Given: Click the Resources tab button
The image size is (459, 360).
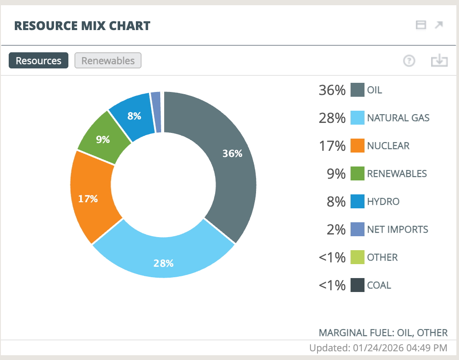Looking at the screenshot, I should [38, 61].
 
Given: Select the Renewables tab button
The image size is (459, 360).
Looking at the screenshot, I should [108, 61].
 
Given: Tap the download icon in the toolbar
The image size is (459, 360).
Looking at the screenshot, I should [439, 61].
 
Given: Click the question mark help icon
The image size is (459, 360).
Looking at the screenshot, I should [409, 61].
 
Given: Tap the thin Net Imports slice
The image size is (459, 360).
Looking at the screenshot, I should [156, 112].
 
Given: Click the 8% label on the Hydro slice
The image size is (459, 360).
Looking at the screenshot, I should [134, 116].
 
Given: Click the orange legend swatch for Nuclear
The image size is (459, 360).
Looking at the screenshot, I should [357, 146].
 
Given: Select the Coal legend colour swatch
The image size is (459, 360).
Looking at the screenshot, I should [357, 285].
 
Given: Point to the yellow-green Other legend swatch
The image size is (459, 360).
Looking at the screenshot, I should [357, 257].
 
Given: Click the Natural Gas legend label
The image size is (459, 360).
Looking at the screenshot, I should [398, 118].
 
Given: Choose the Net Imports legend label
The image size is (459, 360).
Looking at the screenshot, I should [398, 229].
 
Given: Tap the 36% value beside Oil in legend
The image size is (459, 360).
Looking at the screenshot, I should [332, 90].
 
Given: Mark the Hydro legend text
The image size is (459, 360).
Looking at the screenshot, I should [383, 201].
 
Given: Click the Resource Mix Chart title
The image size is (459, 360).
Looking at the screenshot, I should [82, 26].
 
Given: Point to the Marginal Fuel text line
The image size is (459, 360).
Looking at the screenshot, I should [383, 333].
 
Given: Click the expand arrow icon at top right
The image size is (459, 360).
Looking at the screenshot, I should [439, 25].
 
